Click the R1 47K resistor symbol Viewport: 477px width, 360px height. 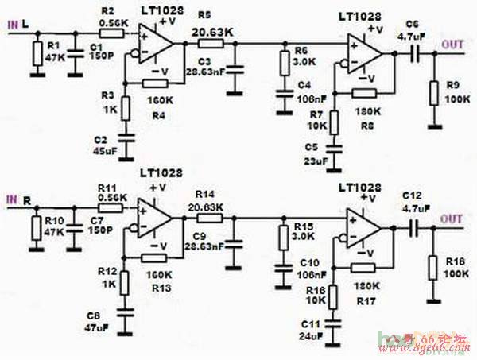click(37, 54)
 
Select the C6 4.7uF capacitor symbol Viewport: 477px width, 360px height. click(414, 53)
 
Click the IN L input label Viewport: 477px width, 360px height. click(18, 24)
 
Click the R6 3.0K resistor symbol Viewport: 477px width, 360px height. click(283, 61)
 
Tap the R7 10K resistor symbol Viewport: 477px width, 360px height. click(334, 122)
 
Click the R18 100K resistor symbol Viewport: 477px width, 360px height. click(432, 266)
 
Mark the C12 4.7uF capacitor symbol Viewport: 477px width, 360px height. click(413, 228)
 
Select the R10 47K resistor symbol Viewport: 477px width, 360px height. click(37, 227)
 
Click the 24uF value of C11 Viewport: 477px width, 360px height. click(308, 337)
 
